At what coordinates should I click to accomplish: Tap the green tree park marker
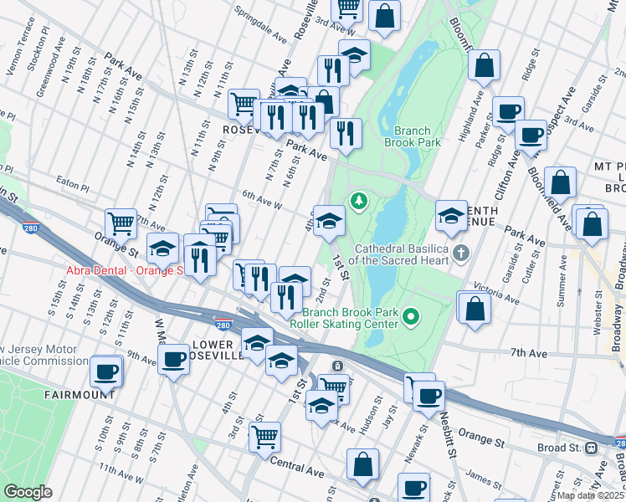point(359,201)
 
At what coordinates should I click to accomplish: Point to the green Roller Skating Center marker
point(410,315)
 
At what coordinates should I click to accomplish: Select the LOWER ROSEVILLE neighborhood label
point(218,350)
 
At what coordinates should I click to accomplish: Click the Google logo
point(28,491)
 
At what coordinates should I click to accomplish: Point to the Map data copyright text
point(591,494)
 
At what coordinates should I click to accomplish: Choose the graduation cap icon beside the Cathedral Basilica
point(451,216)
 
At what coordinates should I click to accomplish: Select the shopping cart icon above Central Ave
point(264,436)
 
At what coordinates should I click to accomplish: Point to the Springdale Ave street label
point(260,26)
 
